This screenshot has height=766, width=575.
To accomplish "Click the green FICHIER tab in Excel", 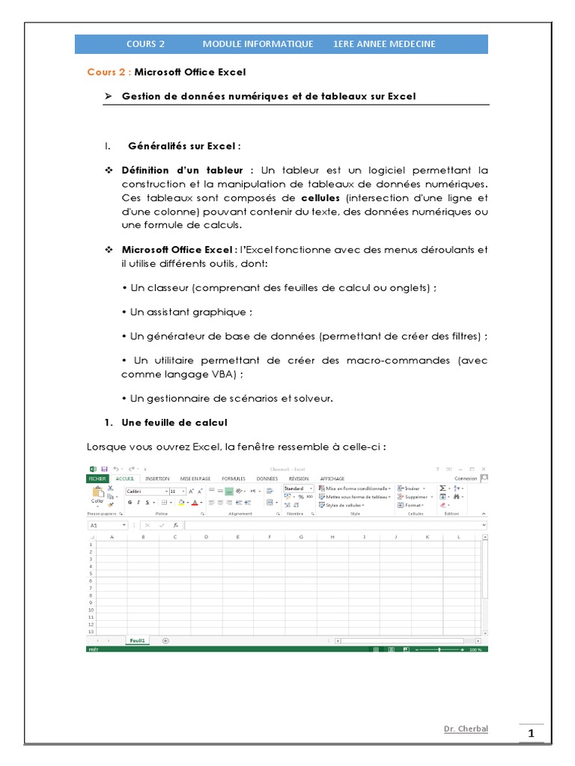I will coord(98,478).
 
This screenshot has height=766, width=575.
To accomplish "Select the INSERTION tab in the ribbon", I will coord(157,478).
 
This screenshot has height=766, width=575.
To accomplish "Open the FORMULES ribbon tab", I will coord(234,478).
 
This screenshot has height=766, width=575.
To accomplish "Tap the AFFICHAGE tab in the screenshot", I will coord(332,478).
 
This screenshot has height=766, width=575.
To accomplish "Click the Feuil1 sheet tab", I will coord(138,641).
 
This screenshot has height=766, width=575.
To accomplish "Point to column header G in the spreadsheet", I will coord(301,537).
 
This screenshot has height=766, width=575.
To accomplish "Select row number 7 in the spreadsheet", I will coord(91,587).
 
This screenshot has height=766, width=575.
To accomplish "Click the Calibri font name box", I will coord(145,491).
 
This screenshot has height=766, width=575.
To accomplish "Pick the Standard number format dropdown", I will coord(298,488).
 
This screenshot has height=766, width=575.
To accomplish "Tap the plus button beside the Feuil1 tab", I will coord(165,641).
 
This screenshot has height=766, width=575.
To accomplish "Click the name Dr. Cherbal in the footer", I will coord(466,729).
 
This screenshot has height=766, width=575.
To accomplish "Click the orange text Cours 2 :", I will coord(109,73).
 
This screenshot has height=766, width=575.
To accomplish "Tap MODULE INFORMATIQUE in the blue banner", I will coord(258,44).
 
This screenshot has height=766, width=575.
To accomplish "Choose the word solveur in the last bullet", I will coord(311,398).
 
